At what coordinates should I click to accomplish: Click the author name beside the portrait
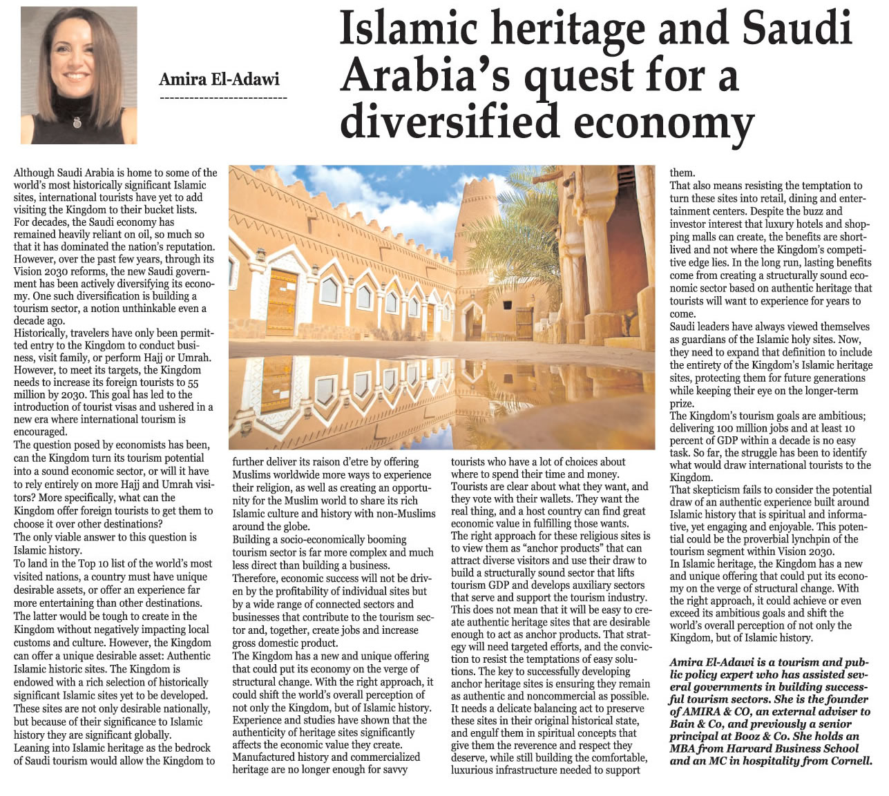tap(219, 79)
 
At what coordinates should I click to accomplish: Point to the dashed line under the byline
tap(222, 98)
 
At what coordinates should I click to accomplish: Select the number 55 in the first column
tap(193, 382)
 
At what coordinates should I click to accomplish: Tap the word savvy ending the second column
tap(393, 770)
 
